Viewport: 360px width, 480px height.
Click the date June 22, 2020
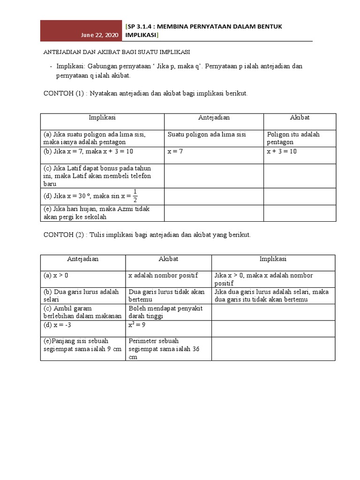pos(100,36)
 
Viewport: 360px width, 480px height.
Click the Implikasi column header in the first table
pos(102,118)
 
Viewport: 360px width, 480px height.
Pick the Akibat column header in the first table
pos(300,118)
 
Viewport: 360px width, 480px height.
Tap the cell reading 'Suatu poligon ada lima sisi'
pos(207,135)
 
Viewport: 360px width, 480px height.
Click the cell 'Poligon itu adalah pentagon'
pos(293,138)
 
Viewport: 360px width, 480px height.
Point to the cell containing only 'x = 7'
pos(176,152)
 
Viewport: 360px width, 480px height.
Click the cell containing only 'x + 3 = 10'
pos(282,152)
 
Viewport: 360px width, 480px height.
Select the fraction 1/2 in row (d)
pos(135,195)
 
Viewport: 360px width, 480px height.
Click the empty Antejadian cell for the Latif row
pos(213,176)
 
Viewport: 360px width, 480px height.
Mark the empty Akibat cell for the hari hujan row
pos(300,213)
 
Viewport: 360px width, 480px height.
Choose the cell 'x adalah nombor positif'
pos(163,276)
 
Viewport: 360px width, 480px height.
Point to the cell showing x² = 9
pos(138,325)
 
